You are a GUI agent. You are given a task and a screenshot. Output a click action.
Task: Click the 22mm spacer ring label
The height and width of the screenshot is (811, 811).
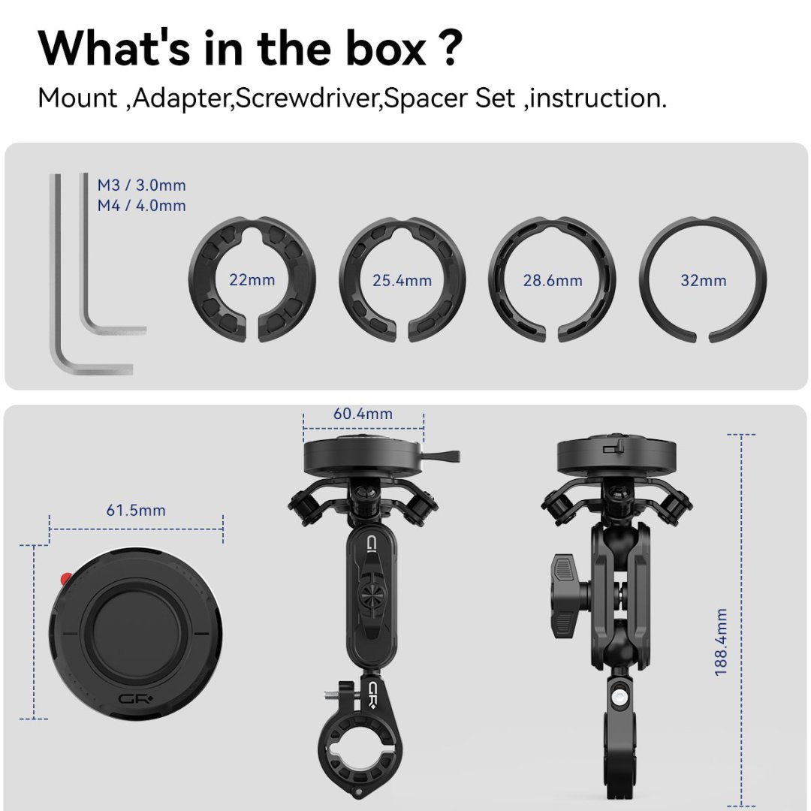252,281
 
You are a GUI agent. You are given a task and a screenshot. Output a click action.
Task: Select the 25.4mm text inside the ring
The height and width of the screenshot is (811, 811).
402,281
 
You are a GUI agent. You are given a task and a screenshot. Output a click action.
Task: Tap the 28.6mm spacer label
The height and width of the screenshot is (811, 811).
553,281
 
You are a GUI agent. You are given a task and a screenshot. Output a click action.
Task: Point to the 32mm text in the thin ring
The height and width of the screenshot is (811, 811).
703,281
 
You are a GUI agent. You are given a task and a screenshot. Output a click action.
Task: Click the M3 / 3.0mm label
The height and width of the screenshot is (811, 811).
141,185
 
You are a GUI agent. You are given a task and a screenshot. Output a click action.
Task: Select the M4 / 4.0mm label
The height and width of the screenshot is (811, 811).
141,205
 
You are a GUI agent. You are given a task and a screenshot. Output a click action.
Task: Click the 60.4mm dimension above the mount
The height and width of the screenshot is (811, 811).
363,414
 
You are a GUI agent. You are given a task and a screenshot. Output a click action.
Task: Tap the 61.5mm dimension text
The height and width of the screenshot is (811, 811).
136,511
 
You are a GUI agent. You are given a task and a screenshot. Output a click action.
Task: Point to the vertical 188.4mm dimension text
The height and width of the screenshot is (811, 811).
721,642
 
